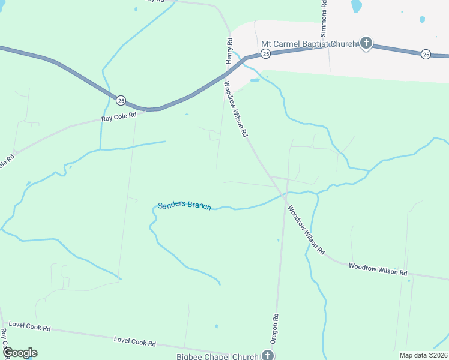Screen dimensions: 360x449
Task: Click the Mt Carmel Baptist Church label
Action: (x=309, y=44)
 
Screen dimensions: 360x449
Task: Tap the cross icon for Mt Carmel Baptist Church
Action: (x=366, y=43)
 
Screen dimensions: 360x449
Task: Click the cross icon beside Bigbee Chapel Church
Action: (x=268, y=356)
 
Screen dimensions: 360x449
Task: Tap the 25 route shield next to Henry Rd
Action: (x=266, y=54)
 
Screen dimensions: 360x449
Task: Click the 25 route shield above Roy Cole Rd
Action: (x=121, y=100)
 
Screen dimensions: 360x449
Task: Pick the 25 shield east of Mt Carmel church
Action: (x=426, y=54)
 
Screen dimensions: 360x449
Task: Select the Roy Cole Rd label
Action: (x=119, y=118)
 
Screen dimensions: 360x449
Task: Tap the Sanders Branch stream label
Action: (x=184, y=205)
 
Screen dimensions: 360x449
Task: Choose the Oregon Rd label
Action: (x=274, y=328)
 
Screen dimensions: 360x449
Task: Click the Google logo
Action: (x=19, y=352)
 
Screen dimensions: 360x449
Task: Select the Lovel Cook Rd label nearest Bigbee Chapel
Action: (x=135, y=342)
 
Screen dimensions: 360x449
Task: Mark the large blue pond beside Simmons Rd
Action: (x=357, y=6)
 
